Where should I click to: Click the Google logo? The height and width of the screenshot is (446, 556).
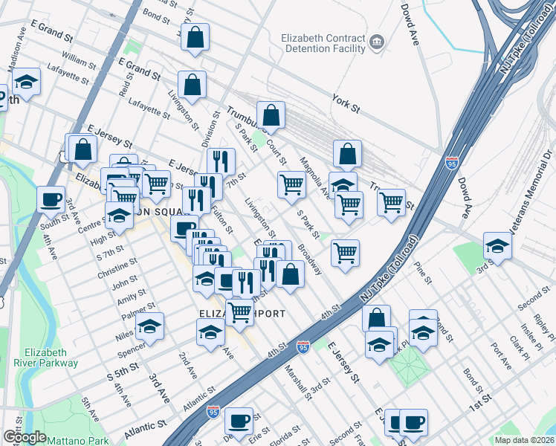pos(24,438)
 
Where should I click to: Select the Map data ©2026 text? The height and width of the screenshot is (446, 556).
pos(524,440)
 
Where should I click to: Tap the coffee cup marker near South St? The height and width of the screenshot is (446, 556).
pos(51,199)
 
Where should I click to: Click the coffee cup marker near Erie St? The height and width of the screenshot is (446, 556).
pos(239,421)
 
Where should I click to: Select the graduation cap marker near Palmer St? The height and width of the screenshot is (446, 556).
pos(149,326)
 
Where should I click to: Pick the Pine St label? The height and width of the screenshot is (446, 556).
pos(424,274)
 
